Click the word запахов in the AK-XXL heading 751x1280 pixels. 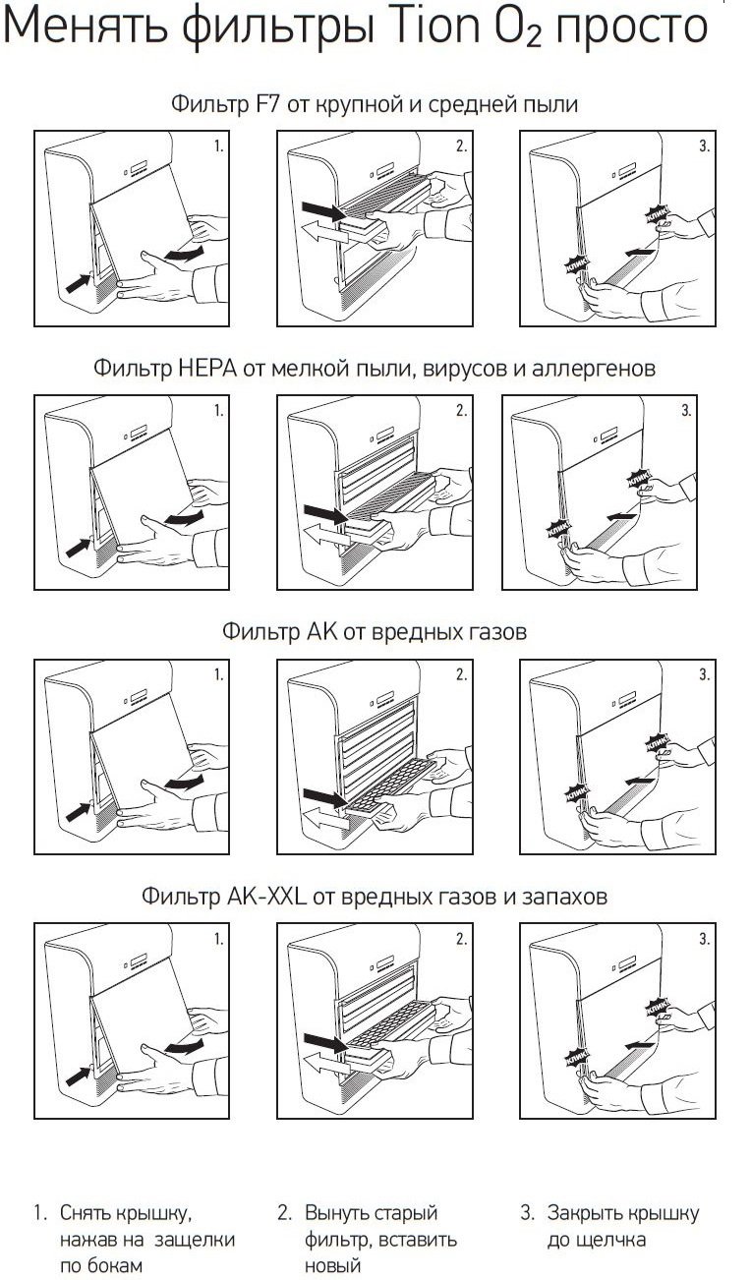(564, 897)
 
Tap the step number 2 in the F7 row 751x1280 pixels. (461, 147)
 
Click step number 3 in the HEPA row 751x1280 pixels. (686, 411)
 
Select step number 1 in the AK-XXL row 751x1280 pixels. (218, 940)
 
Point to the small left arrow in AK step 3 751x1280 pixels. (639, 779)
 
